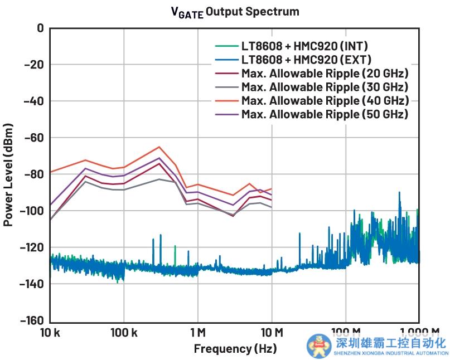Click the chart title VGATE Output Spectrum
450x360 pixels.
pyautogui.click(x=235, y=12)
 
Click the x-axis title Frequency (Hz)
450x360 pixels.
pyautogui.click(x=234, y=349)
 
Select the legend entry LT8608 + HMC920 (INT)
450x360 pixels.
pyautogui.click(x=304, y=46)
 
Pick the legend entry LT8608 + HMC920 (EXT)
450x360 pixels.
pyautogui.click(x=304, y=59)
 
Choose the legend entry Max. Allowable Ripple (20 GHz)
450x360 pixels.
pyautogui.click(x=325, y=73)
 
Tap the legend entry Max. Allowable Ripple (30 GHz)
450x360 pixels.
pyautogui.click(x=325, y=86)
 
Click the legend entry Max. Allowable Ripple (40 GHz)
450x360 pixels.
pyautogui.click(x=325, y=100)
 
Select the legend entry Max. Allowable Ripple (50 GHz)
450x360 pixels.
pyautogui.click(x=325, y=114)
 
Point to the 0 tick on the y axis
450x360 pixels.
pyautogui.click(x=40, y=28)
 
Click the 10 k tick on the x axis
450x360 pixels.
pyautogui.click(x=50, y=333)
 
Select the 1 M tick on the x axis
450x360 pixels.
pyautogui.click(x=198, y=333)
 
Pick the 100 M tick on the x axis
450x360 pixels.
pyautogui.click(x=346, y=333)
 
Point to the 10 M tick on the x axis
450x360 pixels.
pyautogui.click(x=272, y=333)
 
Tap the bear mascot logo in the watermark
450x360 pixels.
pyautogui.click(x=318, y=345)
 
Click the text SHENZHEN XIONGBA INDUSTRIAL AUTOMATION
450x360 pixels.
pyautogui.click(x=391, y=353)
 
